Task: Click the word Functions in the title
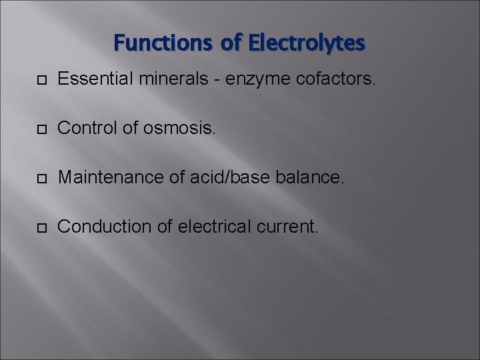pos(161,43)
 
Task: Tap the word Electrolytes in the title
pos(307,43)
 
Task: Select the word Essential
pos(89,81)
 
